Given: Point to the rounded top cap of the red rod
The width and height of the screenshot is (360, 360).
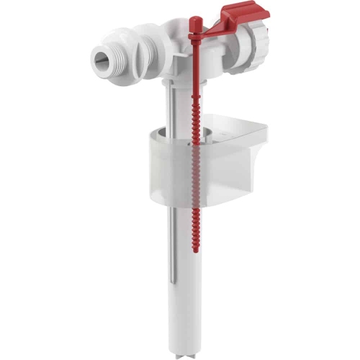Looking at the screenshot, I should coord(192,15).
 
